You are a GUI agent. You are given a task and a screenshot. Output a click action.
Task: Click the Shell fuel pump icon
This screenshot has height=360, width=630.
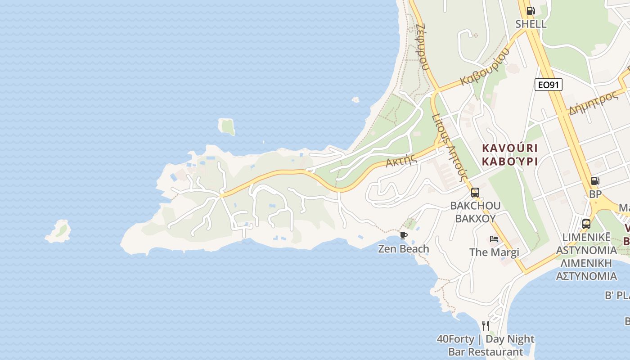click(x=531, y=11)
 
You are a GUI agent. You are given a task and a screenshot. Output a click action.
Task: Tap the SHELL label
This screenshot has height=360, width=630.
click(x=531, y=24)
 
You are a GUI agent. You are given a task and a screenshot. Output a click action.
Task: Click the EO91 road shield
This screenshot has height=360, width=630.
click(x=548, y=84)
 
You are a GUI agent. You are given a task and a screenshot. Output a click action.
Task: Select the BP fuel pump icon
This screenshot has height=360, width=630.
click(x=595, y=181)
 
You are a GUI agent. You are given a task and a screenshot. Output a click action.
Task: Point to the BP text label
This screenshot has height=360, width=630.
click(x=595, y=194)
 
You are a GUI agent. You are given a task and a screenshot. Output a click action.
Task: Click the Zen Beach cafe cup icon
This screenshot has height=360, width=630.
click(x=403, y=235)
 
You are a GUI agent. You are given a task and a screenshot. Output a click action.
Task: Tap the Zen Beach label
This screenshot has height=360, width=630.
click(x=403, y=249)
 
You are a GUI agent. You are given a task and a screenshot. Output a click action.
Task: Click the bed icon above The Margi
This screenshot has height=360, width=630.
click(x=494, y=239)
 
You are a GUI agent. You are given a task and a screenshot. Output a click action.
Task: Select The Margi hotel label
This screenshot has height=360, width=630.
click(x=494, y=252)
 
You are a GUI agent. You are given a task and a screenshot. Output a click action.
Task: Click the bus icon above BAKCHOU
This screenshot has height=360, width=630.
click(x=475, y=193)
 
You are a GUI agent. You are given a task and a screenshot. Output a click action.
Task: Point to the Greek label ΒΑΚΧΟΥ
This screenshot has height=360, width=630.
click(x=475, y=219)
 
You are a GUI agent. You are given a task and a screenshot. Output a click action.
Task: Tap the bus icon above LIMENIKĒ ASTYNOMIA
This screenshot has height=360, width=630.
click(x=586, y=224)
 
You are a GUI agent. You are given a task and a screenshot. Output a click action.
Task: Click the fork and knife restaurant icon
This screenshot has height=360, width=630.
click(x=485, y=325)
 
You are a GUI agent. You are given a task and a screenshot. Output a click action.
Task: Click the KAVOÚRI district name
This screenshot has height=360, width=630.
click(x=509, y=148)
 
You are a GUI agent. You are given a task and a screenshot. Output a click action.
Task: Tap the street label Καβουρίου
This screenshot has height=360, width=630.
click(x=485, y=67)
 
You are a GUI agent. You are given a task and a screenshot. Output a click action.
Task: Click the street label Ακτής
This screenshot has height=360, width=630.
click(x=399, y=160)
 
